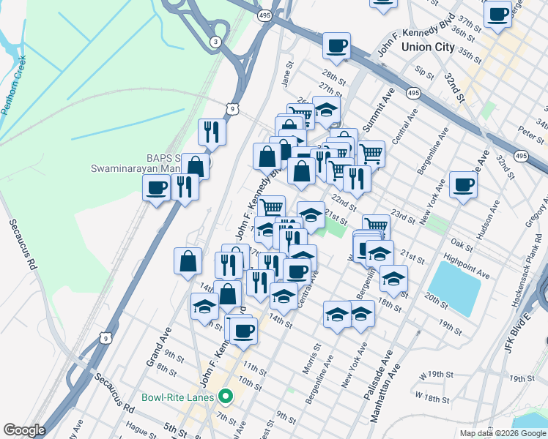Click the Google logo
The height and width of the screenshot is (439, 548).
(x=23, y=430)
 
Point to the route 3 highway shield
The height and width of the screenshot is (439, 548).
(x=215, y=42)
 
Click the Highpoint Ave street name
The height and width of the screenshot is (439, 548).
(x=467, y=266)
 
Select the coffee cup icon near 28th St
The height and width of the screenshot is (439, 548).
(x=336, y=47)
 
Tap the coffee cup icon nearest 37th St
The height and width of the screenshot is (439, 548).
(x=497, y=14)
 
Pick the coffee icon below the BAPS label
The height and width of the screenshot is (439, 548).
(x=156, y=189)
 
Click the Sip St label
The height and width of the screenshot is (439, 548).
(x=423, y=72)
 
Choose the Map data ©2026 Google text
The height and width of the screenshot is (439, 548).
(x=503, y=433)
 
